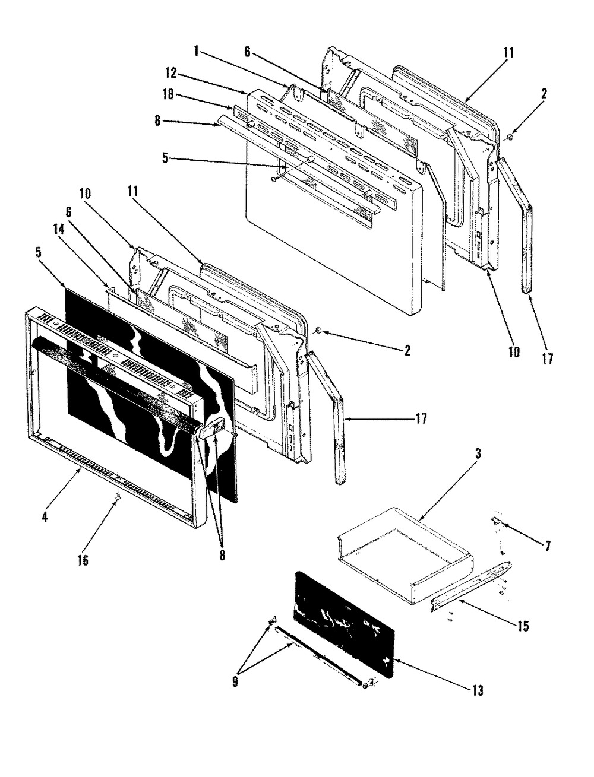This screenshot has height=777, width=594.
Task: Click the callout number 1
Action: [196, 51]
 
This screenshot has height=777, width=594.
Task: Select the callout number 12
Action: [170, 73]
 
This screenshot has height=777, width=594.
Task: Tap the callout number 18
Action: [169, 94]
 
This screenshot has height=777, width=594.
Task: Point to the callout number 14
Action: [59, 230]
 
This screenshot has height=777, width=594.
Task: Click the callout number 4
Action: [45, 517]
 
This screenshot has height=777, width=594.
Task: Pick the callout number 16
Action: [83, 561]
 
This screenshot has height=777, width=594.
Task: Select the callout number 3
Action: [478, 454]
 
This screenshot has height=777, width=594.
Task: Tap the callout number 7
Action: [548, 547]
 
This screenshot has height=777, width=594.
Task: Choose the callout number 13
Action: [478, 690]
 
